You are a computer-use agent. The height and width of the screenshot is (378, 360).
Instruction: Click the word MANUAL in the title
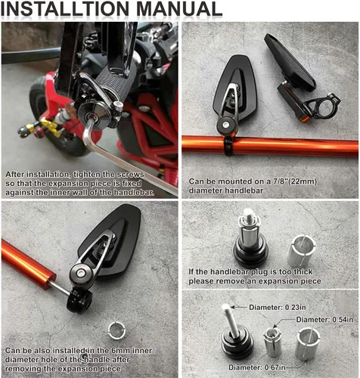point(179,9)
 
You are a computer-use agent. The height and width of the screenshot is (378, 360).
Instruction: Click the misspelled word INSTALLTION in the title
point(65,9)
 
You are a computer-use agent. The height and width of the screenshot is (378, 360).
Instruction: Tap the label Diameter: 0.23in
point(278,308)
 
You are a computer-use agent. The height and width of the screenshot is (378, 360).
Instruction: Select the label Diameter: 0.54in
point(324,320)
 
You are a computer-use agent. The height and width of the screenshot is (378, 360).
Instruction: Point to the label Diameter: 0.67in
point(257,367)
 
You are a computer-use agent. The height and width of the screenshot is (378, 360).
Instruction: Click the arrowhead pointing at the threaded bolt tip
point(233,307)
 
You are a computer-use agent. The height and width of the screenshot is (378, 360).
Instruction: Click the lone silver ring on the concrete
point(116,330)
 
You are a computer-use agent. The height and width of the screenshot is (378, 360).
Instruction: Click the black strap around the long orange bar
point(228,146)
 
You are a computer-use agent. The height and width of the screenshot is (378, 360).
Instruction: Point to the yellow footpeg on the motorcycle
point(49,126)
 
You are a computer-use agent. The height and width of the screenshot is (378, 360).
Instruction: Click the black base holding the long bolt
point(237,340)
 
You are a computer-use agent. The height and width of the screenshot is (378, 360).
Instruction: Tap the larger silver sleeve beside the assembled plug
point(302,251)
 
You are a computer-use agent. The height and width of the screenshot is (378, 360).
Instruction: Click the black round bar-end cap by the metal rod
point(79,301)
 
